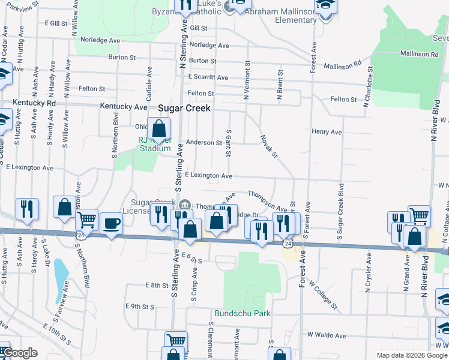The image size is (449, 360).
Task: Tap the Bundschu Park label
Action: tap(243, 313)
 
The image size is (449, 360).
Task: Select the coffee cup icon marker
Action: tap(111, 224)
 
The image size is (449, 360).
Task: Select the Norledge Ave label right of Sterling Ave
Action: tap(209, 45)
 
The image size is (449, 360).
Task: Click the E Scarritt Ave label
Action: tap(208, 77)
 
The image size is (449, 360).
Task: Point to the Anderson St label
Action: tap(204, 142)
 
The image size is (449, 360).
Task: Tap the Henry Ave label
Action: tap(327, 132)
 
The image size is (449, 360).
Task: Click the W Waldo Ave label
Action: tap(327, 335)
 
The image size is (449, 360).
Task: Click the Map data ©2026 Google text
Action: tap(411, 355)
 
